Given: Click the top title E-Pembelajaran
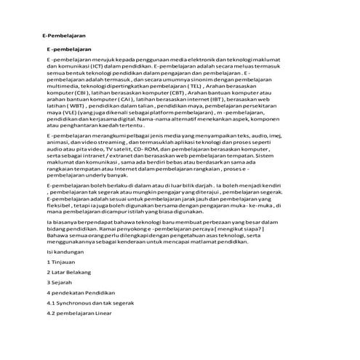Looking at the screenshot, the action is coord(65,34).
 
